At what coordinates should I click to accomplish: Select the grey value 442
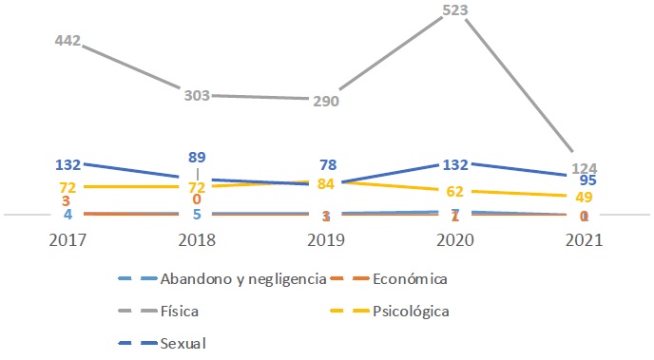coord(67,42)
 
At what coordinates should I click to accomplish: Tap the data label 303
coord(197,95)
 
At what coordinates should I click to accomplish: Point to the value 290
coord(325,101)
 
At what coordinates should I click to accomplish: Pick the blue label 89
coord(197,157)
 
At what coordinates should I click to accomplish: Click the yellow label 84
coord(325,182)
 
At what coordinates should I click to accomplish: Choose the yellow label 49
coord(586,197)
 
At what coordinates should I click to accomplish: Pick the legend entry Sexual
coord(183,341)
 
